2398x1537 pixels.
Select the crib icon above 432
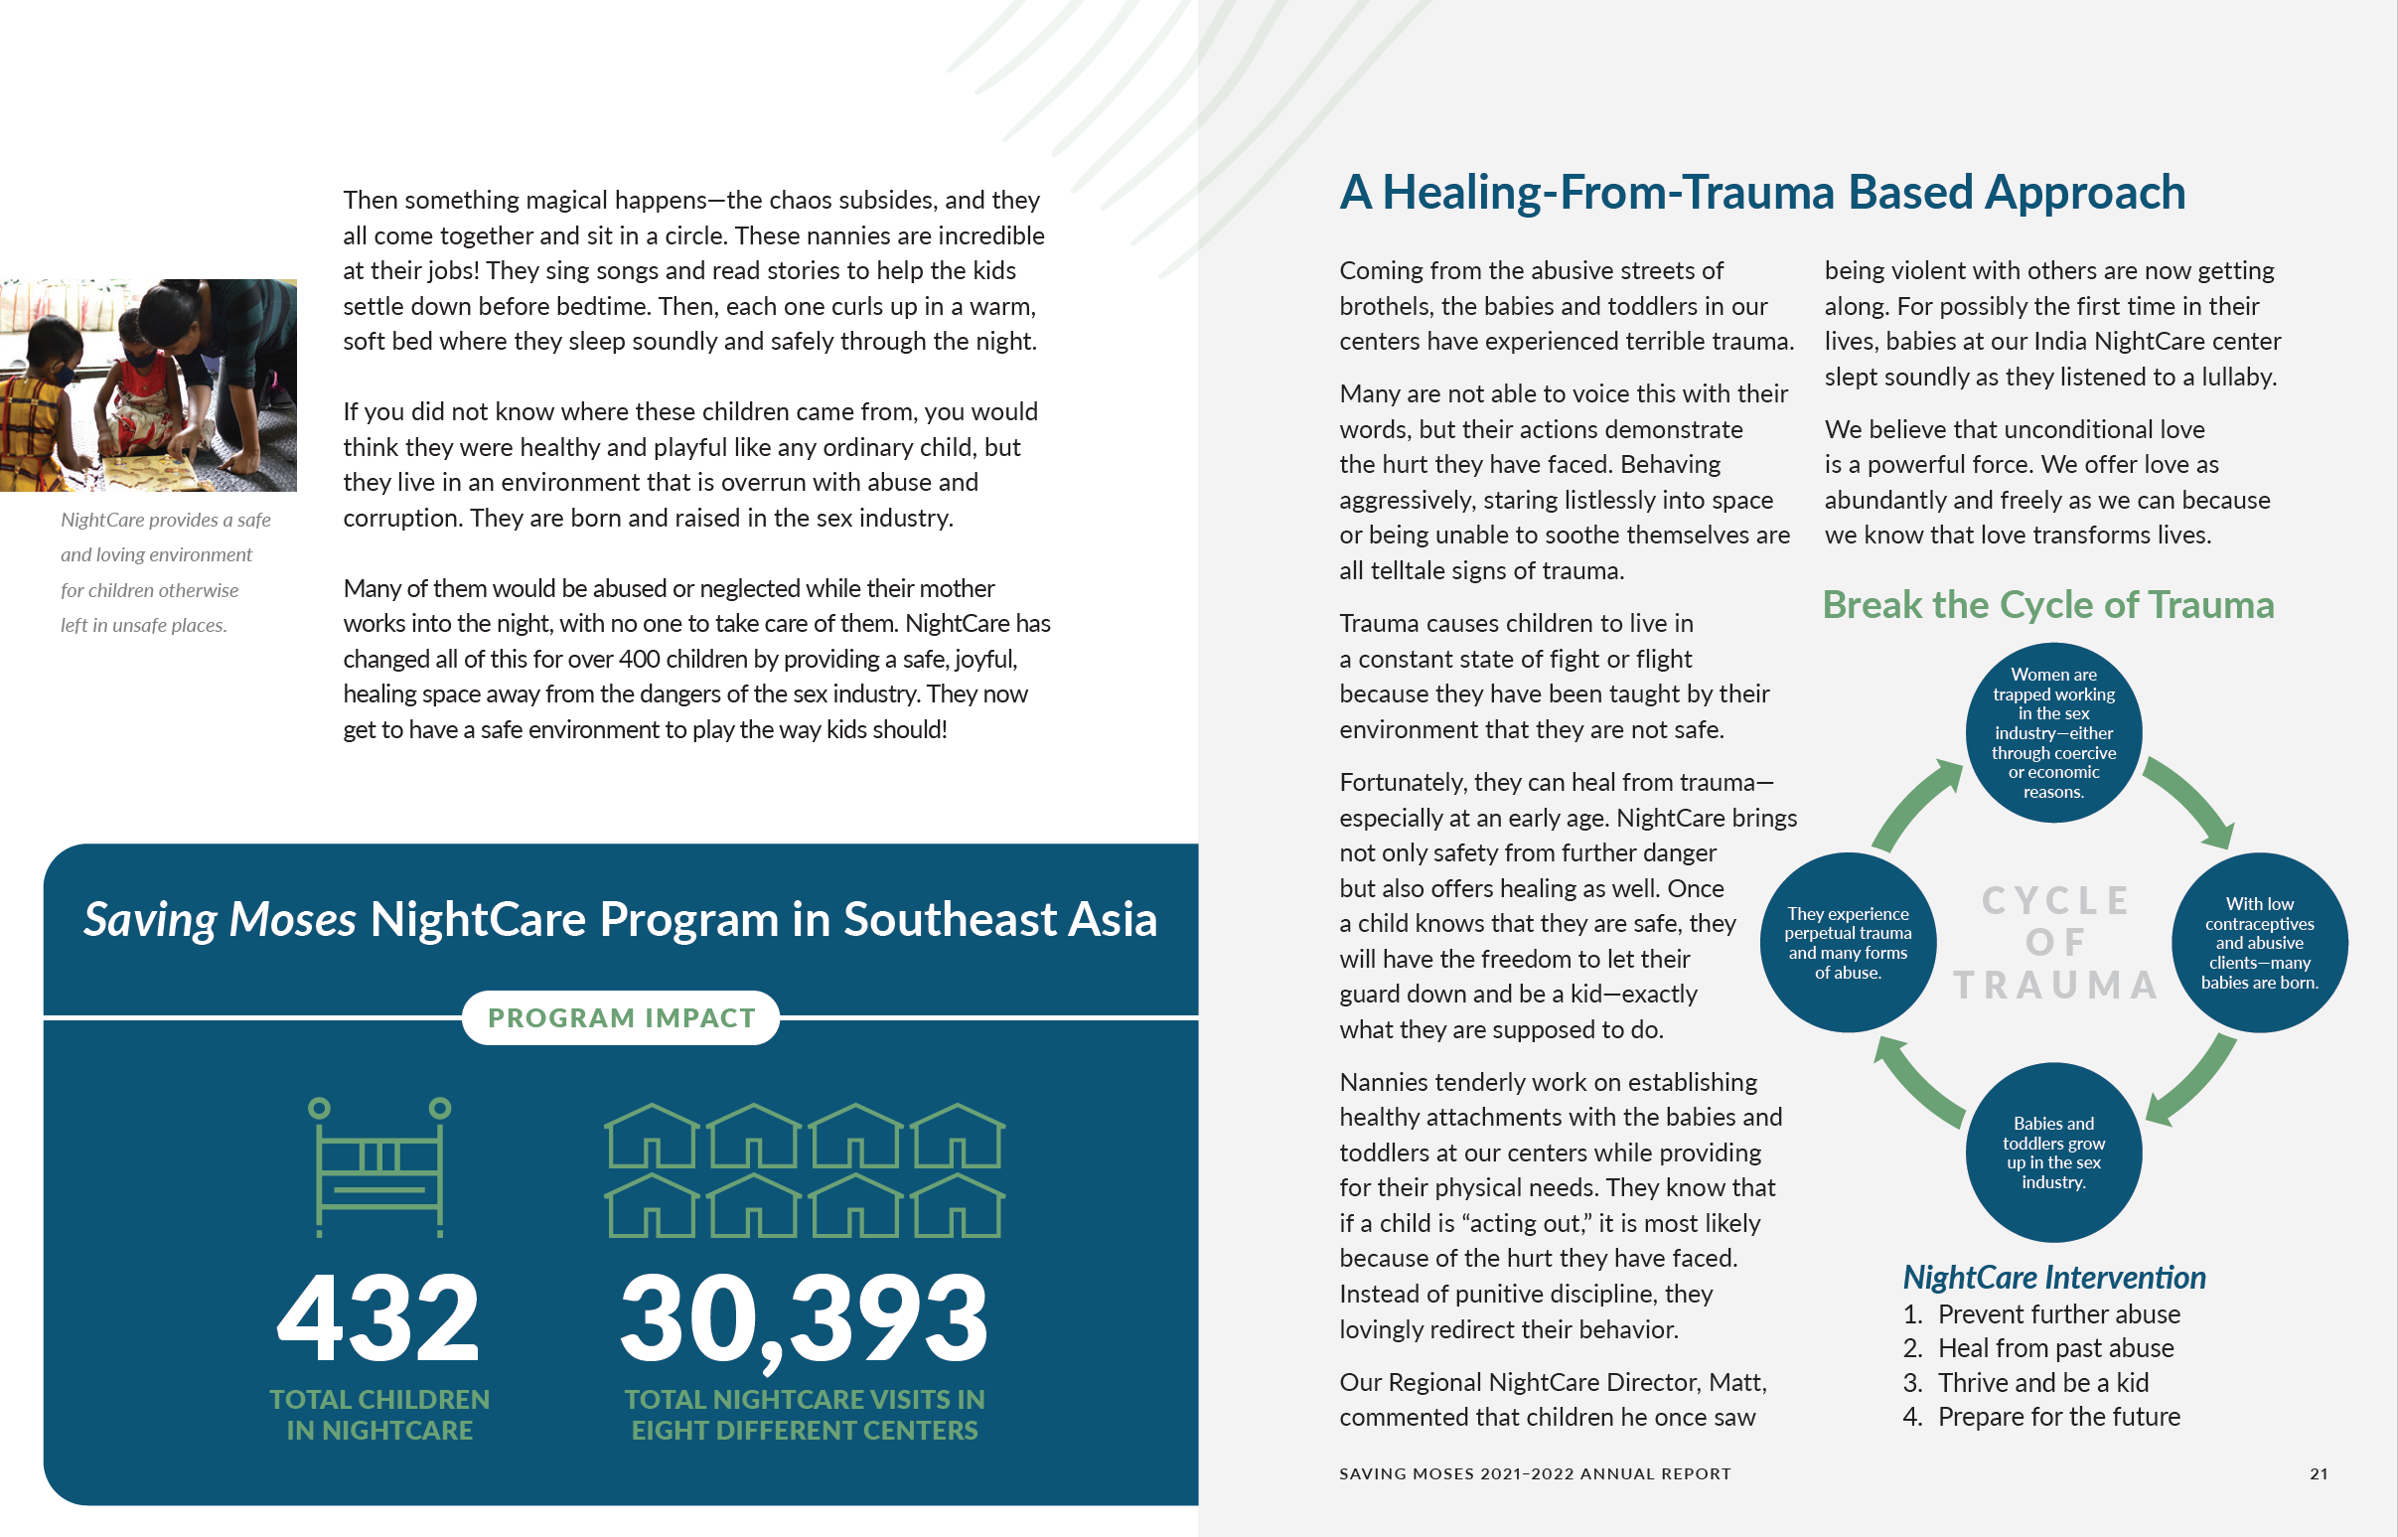click(x=379, y=1166)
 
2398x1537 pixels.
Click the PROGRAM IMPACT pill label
click(x=621, y=1018)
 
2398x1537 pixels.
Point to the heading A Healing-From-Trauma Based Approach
click(x=1761, y=193)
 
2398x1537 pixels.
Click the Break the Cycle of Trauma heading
click(x=2047, y=605)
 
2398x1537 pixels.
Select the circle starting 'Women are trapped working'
click(x=2052, y=732)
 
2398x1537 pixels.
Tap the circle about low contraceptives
click(x=2258, y=942)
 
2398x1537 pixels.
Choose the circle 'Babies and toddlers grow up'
click(x=2052, y=1152)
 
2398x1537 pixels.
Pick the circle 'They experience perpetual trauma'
click(x=1847, y=942)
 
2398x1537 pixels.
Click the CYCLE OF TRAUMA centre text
click(x=2053, y=942)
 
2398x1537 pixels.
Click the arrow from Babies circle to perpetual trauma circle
click(x=1918, y=1083)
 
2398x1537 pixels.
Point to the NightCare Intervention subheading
click(x=2053, y=1278)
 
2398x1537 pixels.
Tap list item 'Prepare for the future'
click(x=2057, y=1416)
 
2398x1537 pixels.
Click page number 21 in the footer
click(x=2319, y=1473)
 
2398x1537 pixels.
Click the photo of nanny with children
click(x=149, y=385)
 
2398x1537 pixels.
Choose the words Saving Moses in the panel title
click(x=220, y=919)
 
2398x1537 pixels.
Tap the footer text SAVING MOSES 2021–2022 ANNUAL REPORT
click(x=1535, y=1473)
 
